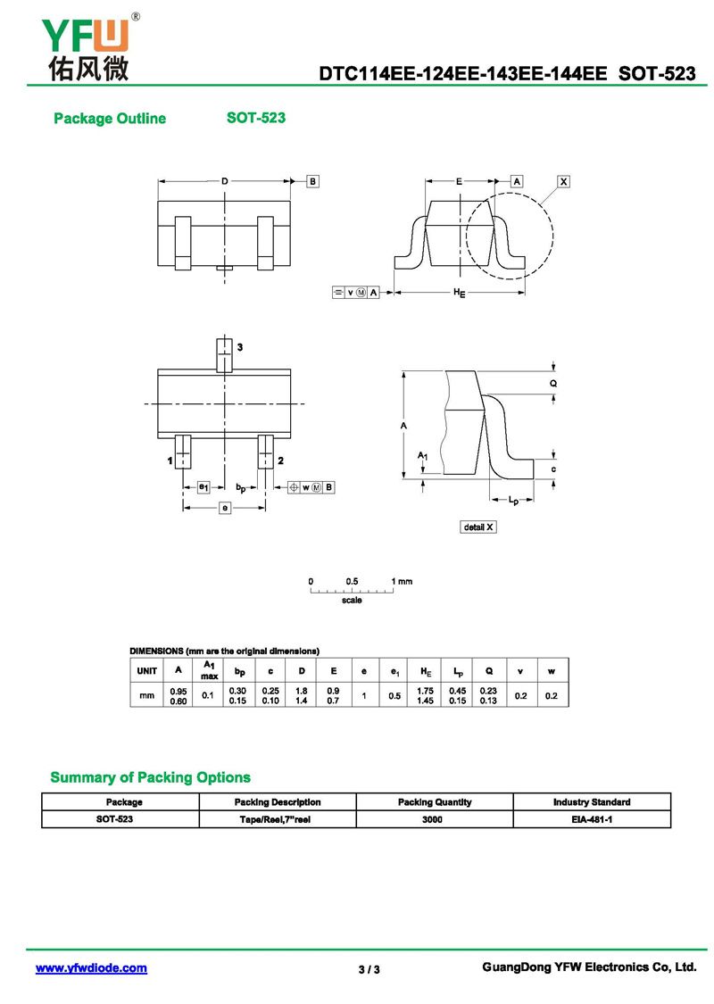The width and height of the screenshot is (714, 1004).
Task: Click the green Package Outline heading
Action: (x=110, y=119)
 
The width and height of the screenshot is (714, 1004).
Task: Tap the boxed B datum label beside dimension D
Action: (x=312, y=181)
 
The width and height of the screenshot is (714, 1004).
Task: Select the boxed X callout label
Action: (x=563, y=182)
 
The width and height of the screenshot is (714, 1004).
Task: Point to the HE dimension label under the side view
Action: (x=459, y=293)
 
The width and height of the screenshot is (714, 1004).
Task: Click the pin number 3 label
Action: (x=240, y=347)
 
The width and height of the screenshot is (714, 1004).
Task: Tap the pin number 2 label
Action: (x=280, y=461)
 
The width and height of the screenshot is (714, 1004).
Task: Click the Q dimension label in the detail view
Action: (x=553, y=384)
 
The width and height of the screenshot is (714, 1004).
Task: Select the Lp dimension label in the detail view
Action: (x=513, y=500)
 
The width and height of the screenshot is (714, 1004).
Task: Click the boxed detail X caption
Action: (x=478, y=527)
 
